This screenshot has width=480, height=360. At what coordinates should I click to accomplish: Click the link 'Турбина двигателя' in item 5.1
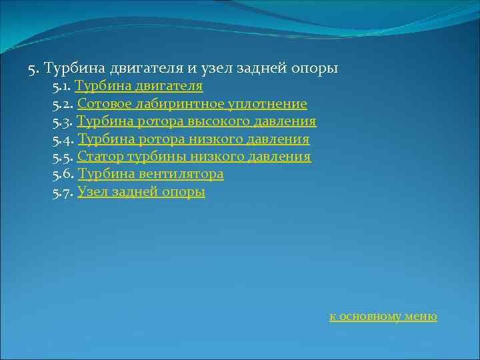[x=139, y=87]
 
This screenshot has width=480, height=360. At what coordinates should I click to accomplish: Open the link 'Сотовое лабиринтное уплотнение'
[x=192, y=104]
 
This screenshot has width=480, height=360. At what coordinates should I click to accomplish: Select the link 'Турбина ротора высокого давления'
[x=197, y=122]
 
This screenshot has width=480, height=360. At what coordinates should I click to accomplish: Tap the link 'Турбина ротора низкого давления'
[x=193, y=139]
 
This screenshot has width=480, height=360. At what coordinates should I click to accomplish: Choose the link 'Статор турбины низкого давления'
[x=194, y=157]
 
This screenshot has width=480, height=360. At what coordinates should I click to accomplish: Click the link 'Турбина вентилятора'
[x=151, y=175]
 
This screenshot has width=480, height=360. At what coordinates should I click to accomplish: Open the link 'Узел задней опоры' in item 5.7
[x=141, y=192]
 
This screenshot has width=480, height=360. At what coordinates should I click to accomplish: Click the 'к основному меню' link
[x=383, y=317]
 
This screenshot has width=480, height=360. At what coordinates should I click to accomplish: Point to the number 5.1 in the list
[x=61, y=87]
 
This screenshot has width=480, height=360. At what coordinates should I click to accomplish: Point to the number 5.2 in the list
[x=63, y=104]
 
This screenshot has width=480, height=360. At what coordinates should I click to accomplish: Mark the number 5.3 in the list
[x=63, y=122]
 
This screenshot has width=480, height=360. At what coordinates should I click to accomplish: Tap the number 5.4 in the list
[x=63, y=139]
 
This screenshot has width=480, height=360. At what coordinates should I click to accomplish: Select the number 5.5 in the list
[x=63, y=157]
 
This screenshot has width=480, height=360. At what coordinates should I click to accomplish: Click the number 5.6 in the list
[x=63, y=175]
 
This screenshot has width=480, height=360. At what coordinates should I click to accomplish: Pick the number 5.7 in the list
[x=63, y=192]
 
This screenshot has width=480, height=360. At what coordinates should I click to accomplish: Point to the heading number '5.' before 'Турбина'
[x=34, y=69]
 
